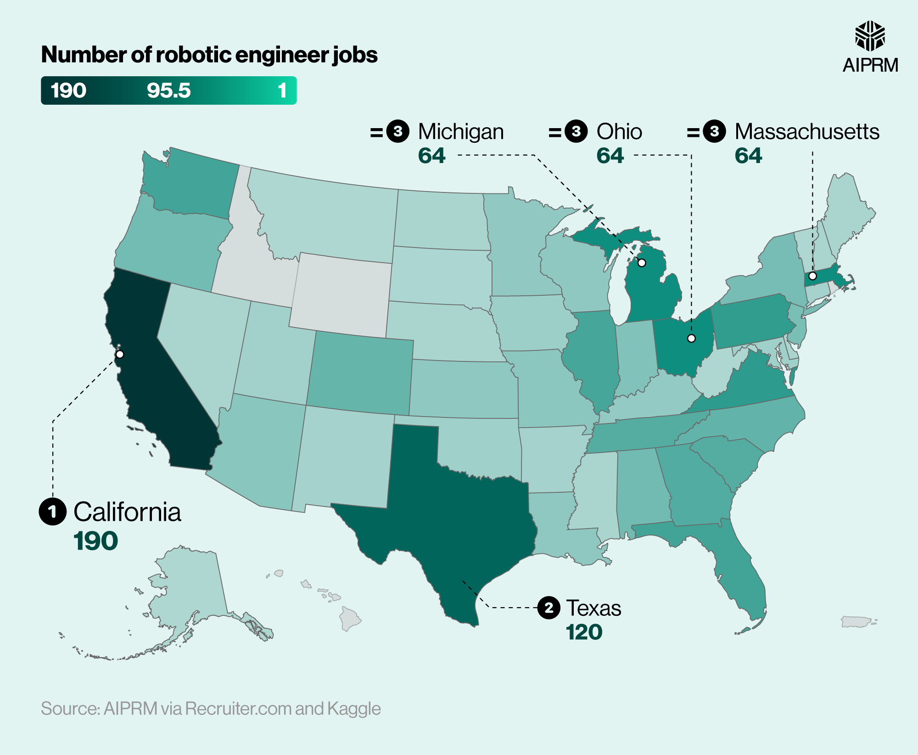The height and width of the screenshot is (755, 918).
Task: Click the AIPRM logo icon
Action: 870,36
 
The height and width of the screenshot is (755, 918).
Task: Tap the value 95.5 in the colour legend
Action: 168,90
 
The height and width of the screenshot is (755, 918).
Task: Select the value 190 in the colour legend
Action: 68,90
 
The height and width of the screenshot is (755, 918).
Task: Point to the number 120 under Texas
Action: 584,632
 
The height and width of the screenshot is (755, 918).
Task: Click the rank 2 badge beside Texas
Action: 549,608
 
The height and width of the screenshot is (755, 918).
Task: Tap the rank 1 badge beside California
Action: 52,512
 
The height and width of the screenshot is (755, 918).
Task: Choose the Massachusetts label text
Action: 807,132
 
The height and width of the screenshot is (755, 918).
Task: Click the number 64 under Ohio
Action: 610,156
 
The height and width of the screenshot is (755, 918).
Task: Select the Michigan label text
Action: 461,132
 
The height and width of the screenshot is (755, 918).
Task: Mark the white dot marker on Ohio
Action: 691,338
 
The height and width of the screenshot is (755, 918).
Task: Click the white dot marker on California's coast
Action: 120,354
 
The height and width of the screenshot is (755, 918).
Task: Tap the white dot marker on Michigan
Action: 642,263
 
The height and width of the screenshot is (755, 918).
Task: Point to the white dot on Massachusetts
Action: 812,276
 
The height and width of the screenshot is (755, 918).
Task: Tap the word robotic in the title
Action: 193,55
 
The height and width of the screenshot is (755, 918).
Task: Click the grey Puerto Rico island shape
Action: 856,622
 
